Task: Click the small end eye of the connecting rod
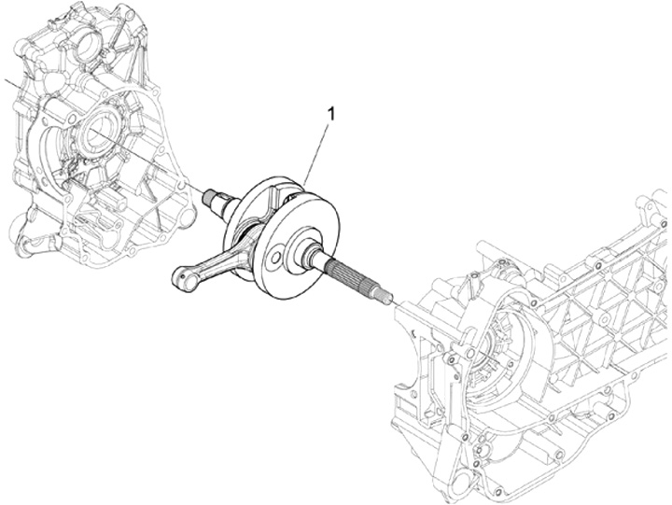(182, 274)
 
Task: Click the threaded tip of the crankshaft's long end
(383, 297)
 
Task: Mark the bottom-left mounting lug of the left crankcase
(28, 245)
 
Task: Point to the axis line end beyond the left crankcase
(7, 83)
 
